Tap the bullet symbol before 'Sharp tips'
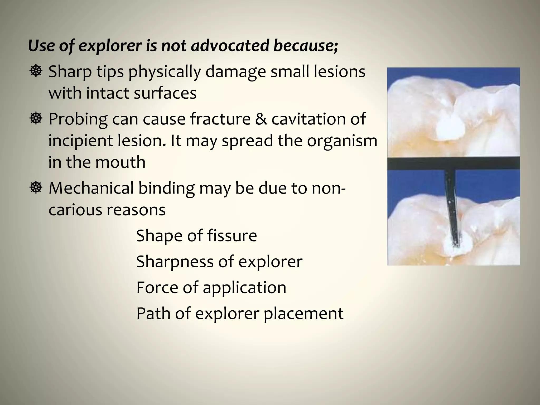click(x=36, y=71)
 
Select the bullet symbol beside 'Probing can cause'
click(x=36, y=118)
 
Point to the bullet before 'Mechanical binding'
click(x=36, y=188)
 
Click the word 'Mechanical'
click(x=91, y=188)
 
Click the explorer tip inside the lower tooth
click(x=455, y=245)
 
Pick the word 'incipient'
click(x=80, y=141)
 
